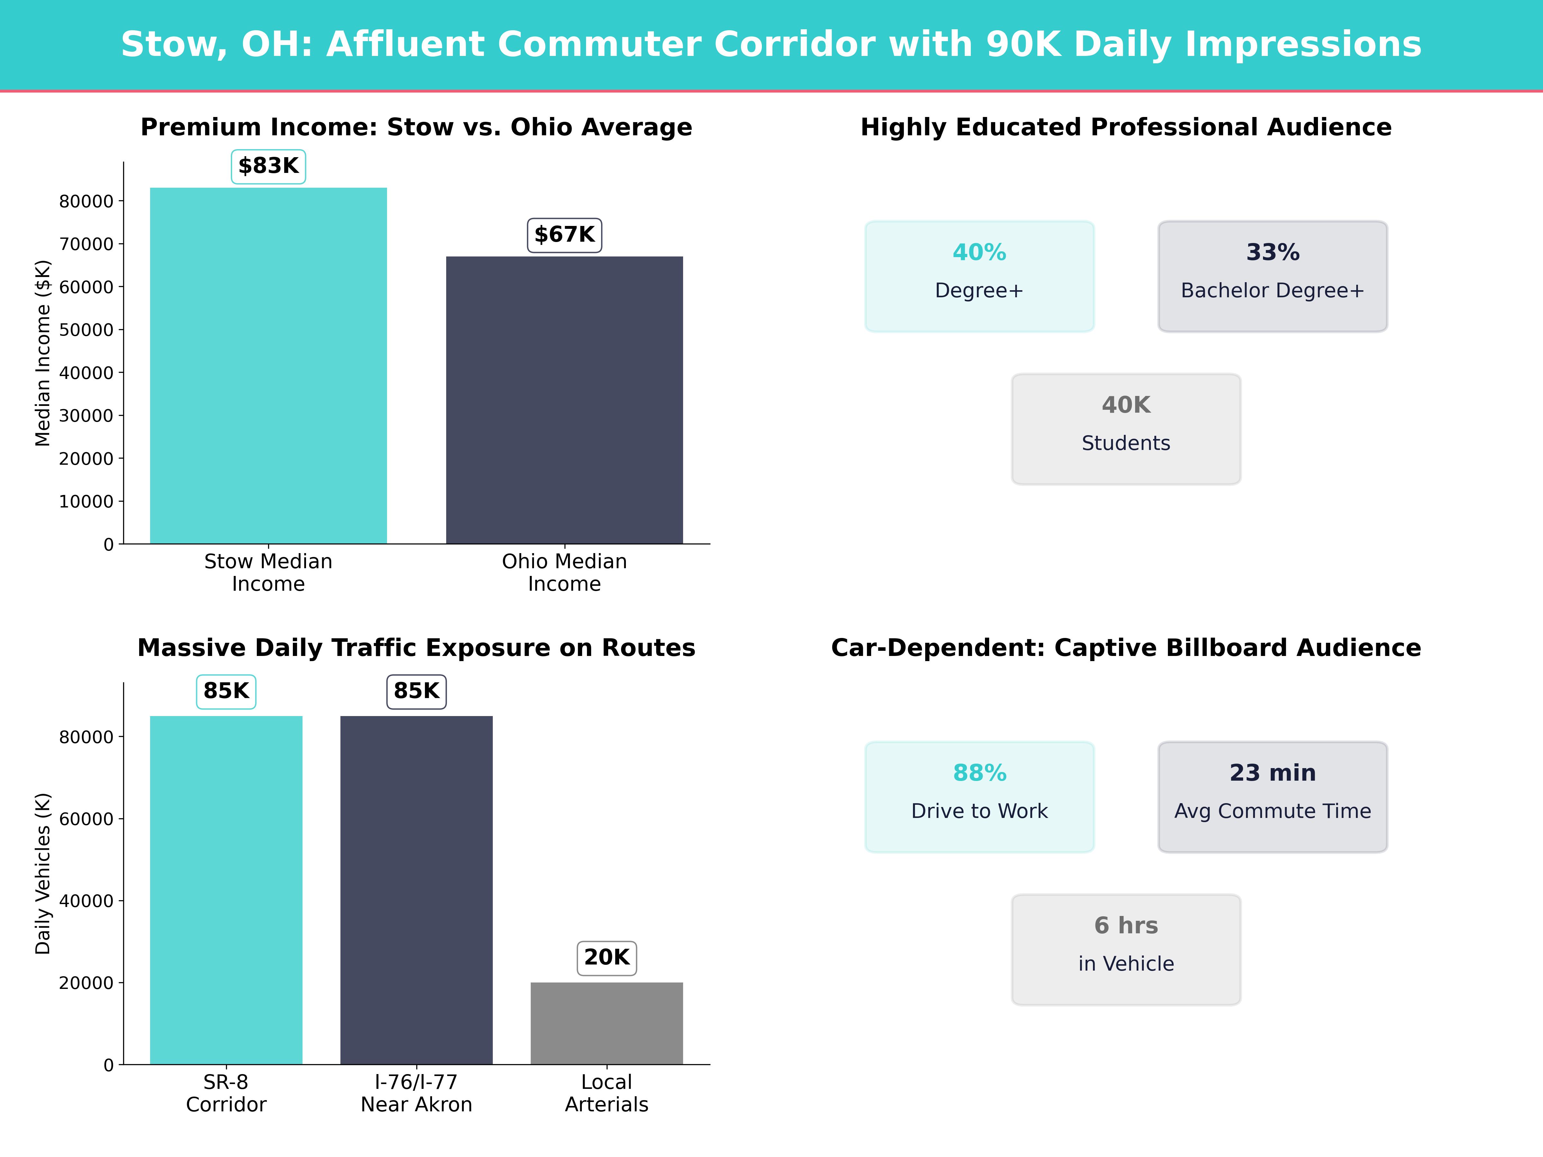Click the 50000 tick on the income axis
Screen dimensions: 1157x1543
[86, 330]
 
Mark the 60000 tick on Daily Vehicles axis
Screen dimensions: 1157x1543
[86, 819]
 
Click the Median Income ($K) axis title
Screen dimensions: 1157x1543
[42, 353]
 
